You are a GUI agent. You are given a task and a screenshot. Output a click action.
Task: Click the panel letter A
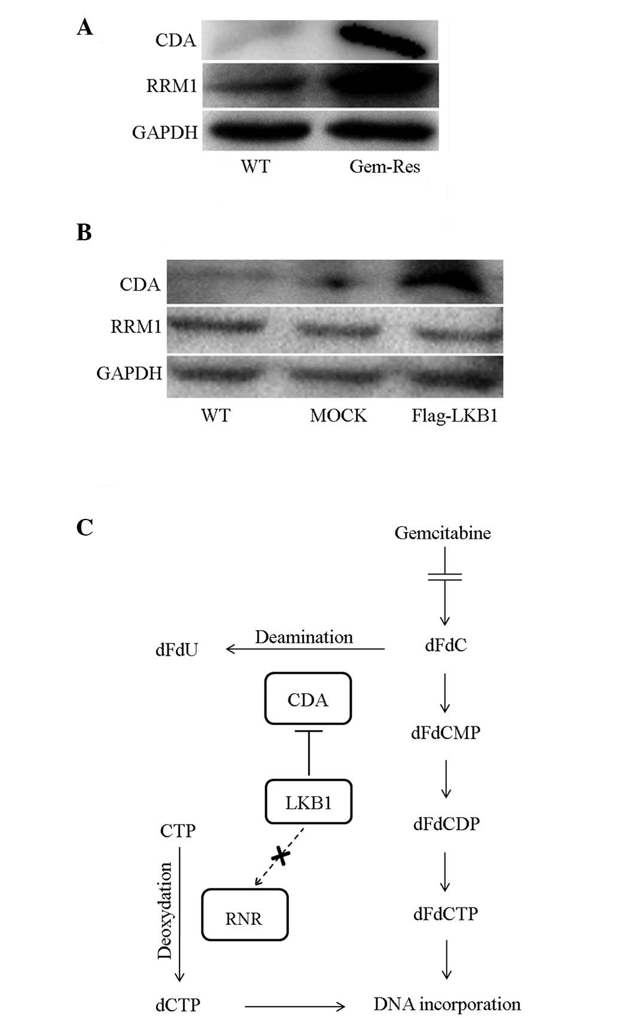(85, 27)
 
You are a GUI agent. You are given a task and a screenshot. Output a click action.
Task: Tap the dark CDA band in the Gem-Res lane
(383, 39)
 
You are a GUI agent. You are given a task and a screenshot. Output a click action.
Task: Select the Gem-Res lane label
(385, 166)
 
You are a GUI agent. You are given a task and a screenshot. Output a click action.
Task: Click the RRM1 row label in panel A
(172, 86)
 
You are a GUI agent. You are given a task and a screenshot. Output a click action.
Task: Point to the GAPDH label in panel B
(129, 374)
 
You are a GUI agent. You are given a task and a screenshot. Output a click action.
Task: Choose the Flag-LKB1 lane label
(455, 415)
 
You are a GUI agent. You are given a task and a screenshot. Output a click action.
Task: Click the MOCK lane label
(338, 415)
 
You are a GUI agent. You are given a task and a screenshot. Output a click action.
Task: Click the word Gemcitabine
(443, 533)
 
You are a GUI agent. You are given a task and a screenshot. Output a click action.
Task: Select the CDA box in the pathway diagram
(308, 699)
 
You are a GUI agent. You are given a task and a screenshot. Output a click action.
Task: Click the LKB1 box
(308, 802)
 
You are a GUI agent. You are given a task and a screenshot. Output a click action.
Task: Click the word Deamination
(304, 637)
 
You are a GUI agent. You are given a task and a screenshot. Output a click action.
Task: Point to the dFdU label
(176, 649)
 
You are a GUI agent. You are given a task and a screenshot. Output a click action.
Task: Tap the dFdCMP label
(446, 733)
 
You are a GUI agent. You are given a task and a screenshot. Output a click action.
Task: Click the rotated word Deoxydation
(165, 910)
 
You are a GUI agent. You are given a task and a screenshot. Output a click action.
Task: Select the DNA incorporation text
(447, 1004)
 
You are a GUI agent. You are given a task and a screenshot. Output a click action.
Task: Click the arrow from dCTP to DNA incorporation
(294, 1006)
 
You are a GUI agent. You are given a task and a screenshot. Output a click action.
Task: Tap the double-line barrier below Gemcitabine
(445, 577)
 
